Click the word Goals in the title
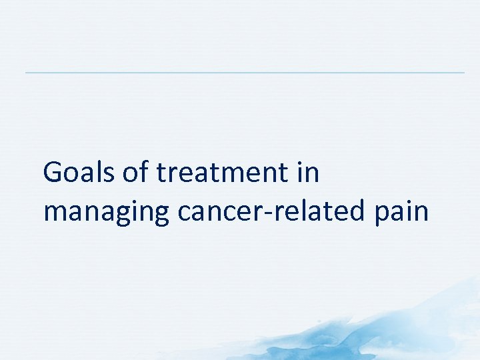click(x=80, y=173)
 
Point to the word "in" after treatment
click(x=309, y=173)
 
